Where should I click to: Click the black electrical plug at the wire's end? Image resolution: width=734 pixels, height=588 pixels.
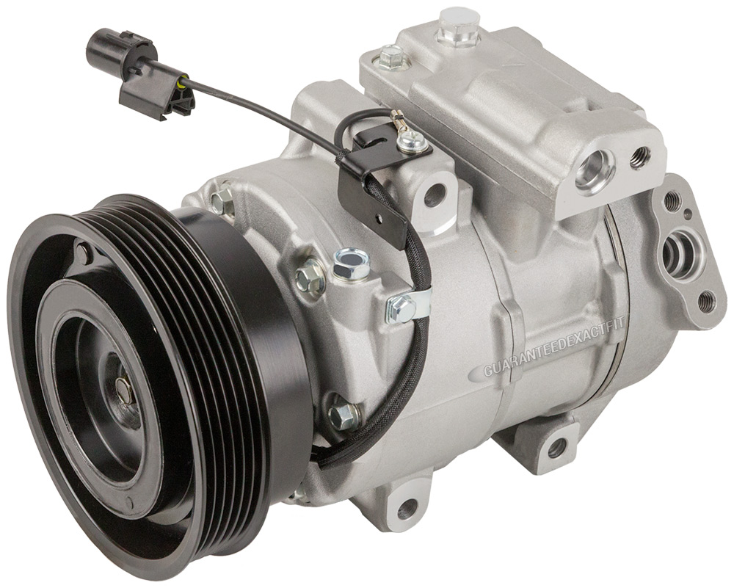coord(110,47)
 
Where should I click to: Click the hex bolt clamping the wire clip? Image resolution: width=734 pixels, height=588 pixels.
coord(402,309)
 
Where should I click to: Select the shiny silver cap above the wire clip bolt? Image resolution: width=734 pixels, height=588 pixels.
coord(352,262)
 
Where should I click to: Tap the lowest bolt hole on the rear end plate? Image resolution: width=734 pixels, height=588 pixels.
coord(705,299)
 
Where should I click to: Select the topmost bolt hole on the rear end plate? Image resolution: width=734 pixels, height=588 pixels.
coord(672,197)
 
